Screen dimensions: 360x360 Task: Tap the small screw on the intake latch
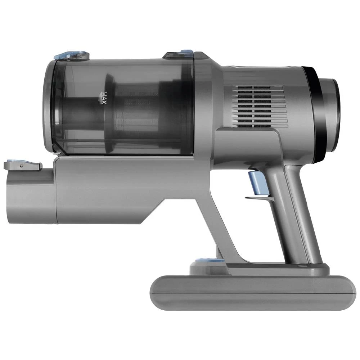(x=22, y=165)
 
